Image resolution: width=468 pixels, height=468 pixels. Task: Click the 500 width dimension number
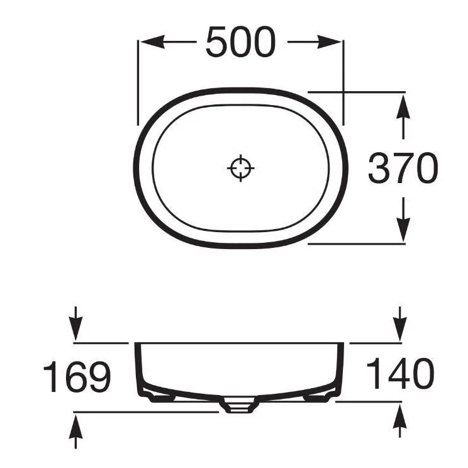(240, 42)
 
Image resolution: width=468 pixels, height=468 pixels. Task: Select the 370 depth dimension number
(403, 168)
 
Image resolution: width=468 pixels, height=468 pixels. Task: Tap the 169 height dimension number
(77, 376)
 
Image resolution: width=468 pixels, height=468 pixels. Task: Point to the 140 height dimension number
(400, 374)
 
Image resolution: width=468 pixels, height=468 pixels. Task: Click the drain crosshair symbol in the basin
(240, 168)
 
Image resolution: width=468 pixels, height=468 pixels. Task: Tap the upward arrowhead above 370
(403, 106)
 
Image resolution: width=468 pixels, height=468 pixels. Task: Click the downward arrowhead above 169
(76, 329)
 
